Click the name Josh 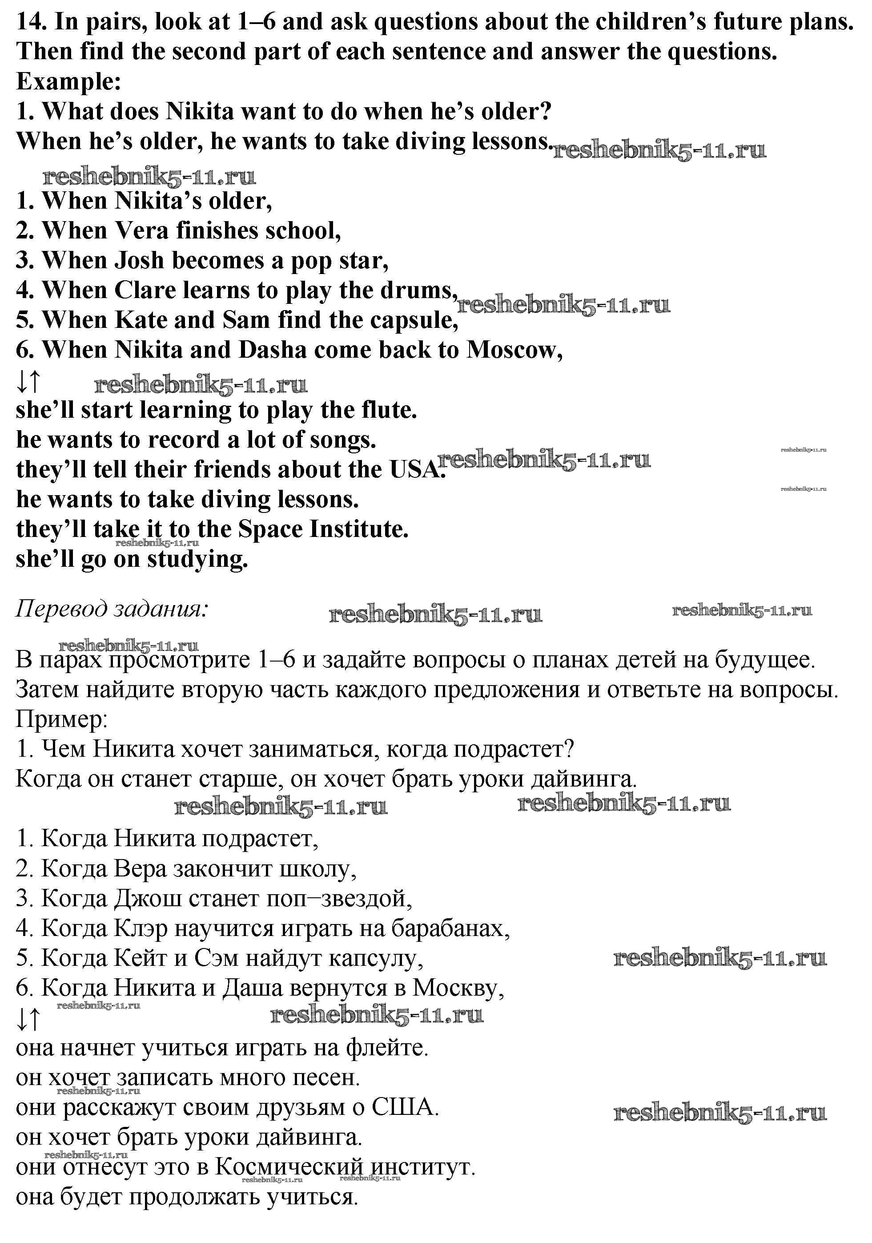(x=140, y=260)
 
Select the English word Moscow (x=514, y=350)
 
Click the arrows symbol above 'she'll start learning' (x=29, y=382)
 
